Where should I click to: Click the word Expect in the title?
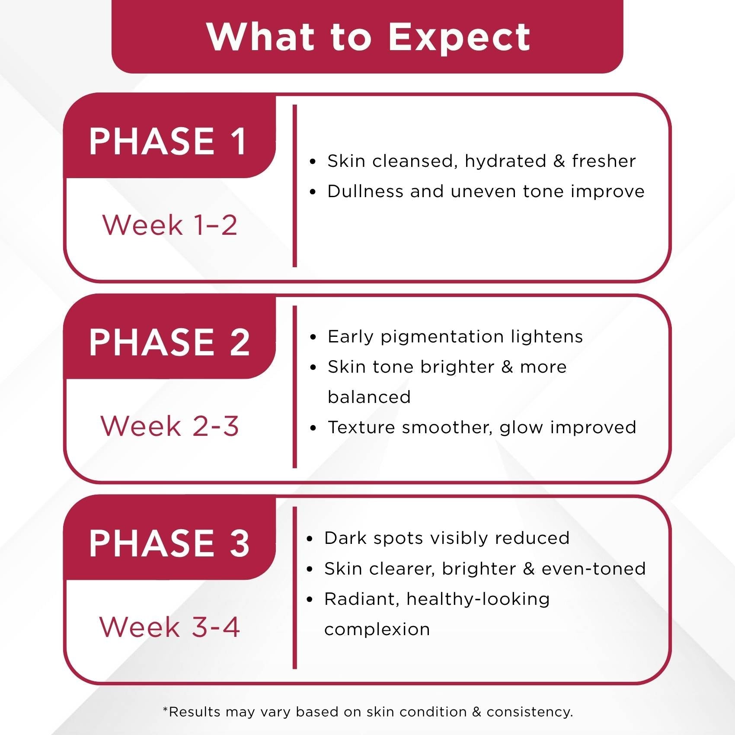[x=459, y=38]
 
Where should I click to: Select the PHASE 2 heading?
[x=169, y=342]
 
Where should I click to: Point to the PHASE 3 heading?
[x=169, y=543]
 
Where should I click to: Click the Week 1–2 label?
[x=170, y=225]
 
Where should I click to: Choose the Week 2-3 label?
[x=169, y=426]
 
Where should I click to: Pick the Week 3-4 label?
[x=169, y=627]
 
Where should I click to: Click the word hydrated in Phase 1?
[x=505, y=162]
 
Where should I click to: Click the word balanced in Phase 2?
[x=369, y=397]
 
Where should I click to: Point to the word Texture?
[x=361, y=427]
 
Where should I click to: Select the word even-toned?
[x=594, y=569]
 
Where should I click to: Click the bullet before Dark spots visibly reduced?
[x=310, y=539]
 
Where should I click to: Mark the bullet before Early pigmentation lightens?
[x=313, y=337]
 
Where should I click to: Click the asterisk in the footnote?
[x=165, y=709]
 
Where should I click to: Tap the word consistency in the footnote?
[x=530, y=712]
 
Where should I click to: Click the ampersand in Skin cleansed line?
[x=559, y=161]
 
